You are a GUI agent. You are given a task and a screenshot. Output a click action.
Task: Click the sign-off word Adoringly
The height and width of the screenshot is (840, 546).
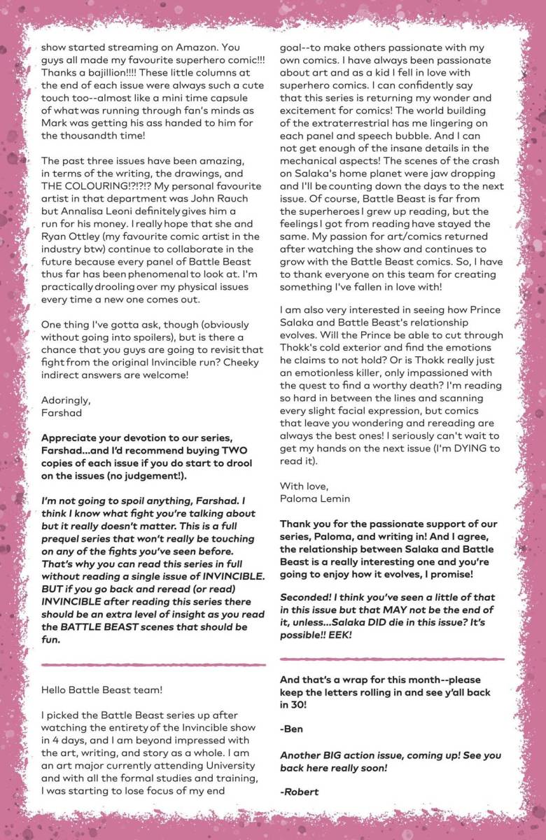(x=65, y=400)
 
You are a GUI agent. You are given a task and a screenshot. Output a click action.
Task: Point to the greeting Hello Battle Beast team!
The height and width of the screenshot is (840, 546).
(x=102, y=689)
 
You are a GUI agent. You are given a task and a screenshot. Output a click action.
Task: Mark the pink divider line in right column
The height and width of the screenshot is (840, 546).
(x=391, y=659)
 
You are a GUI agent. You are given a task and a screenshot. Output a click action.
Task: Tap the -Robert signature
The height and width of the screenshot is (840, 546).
(x=300, y=792)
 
